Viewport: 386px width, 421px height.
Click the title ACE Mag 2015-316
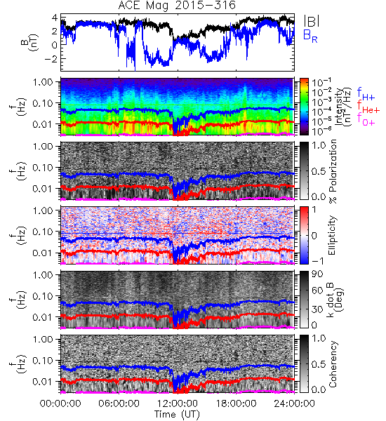[177, 6]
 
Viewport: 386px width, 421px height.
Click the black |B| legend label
[312, 21]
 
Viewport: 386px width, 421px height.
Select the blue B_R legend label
[310, 36]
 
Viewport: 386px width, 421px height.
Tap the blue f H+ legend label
[366, 94]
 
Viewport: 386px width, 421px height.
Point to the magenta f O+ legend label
[366, 119]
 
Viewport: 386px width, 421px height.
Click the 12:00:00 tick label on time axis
[178, 403]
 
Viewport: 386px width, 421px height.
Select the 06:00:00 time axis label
[119, 403]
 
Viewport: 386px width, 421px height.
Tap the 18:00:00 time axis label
[236, 403]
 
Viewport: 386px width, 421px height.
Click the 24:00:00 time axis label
[294, 403]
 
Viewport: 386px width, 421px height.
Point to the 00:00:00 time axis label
[60, 403]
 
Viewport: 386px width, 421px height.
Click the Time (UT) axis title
[177, 414]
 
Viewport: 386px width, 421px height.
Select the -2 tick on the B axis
[51, 58]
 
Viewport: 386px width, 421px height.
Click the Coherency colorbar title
[333, 364]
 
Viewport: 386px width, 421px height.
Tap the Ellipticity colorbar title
[332, 235]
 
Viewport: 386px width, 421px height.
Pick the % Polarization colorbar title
[333, 171]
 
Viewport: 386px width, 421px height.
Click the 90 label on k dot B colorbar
[317, 274]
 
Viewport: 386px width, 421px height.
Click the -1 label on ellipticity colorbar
[317, 261]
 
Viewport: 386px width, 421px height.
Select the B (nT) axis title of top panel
[30, 42]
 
